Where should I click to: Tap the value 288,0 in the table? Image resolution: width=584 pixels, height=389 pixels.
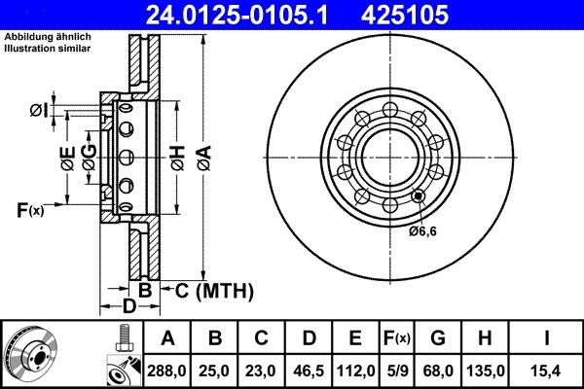167,371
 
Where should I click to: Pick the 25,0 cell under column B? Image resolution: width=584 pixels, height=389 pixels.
214,371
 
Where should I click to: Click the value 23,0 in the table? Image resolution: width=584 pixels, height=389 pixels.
261,371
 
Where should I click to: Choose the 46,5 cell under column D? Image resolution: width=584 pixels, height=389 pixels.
308,371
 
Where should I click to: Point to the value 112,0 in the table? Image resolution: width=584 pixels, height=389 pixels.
355,371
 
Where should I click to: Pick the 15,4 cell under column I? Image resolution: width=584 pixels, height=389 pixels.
547,371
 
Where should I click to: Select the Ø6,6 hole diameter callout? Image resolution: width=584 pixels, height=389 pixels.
424,230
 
